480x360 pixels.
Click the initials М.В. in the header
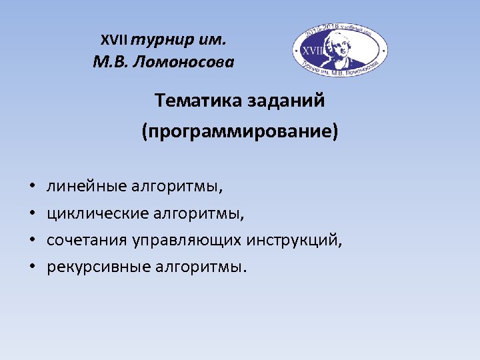[111, 63]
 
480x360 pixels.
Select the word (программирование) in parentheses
[240, 131]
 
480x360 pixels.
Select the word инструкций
[294, 241]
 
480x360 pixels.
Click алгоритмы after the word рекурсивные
[201, 267]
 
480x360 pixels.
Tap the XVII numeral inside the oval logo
[313, 49]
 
